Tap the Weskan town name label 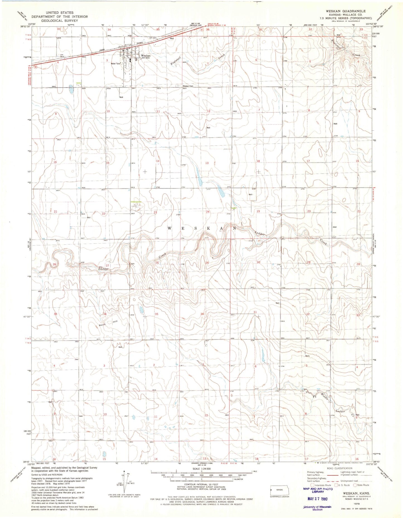[x=146, y=56]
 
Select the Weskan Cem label [x=188, y=86]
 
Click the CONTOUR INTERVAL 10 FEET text [x=201, y=487]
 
